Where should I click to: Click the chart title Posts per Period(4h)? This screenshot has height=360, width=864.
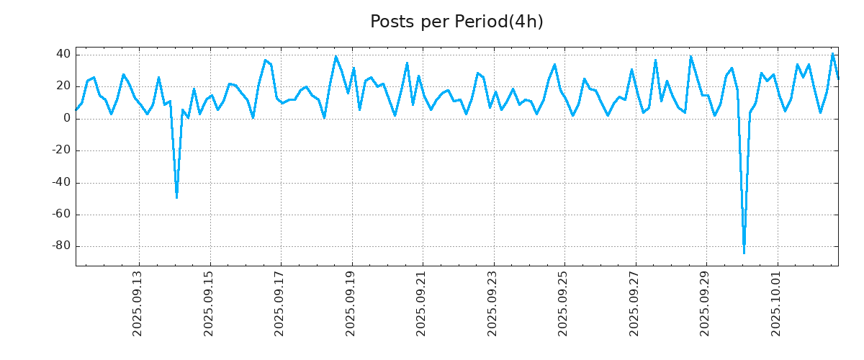tap(456, 22)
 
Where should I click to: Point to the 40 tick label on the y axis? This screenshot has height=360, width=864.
tap(63, 55)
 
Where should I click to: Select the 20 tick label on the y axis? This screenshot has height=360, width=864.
tap(63, 86)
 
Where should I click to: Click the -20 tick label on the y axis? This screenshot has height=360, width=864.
tap(60, 150)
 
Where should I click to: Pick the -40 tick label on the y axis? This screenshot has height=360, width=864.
tap(60, 182)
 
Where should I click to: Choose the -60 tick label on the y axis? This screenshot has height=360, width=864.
tap(60, 215)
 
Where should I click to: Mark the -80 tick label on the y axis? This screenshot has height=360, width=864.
tap(60, 246)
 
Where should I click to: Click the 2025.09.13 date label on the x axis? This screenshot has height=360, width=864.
tap(138, 303)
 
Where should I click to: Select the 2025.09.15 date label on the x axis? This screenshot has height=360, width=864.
tap(210, 303)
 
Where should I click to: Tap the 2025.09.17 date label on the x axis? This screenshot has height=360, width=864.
tap(280, 303)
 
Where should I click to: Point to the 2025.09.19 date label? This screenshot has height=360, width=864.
tap(351, 303)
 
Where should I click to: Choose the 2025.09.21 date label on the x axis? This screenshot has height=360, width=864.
tap(422, 303)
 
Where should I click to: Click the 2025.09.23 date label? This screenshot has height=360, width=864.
tap(493, 303)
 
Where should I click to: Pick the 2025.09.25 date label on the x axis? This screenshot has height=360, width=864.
tap(564, 303)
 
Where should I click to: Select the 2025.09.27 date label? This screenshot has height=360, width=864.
tap(635, 303)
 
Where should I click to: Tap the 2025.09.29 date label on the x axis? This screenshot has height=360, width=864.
tap(706, 303)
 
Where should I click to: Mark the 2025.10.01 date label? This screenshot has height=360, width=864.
tap(777, 303)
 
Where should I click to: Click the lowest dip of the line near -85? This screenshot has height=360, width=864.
tap(744, 253)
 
